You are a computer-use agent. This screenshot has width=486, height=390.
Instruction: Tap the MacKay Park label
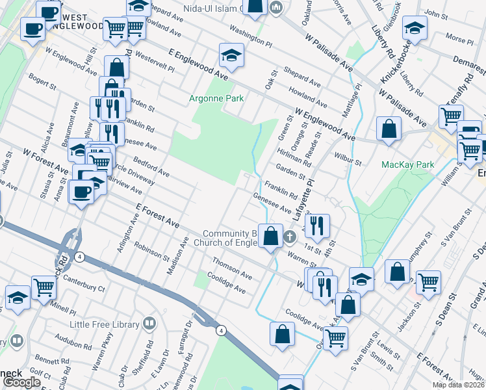click(407, 164)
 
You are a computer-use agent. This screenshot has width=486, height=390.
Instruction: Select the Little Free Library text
click(107, 324)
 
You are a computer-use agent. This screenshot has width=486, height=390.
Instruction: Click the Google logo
click(21, 382)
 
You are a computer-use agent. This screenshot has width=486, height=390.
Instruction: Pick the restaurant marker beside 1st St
click(317, 226)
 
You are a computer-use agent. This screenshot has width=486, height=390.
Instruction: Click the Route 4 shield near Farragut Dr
click(222, 331)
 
